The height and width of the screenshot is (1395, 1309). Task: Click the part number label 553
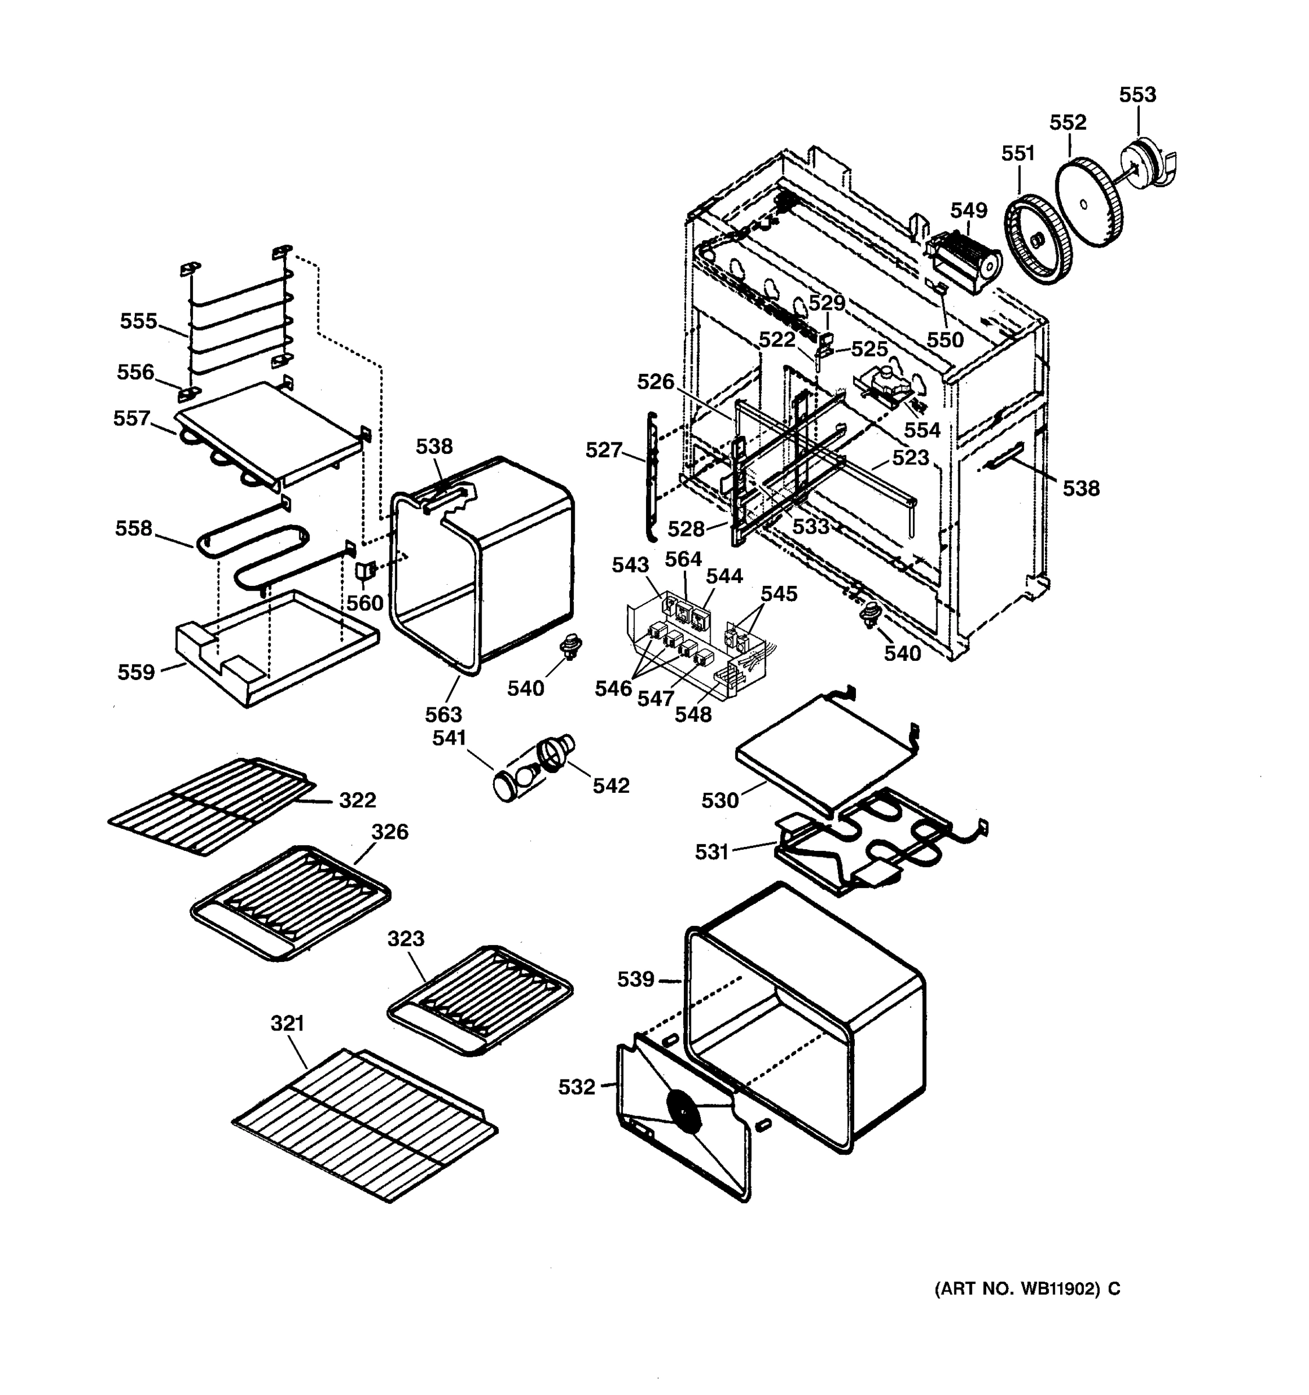(1137, 95)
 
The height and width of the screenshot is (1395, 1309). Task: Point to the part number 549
(969, 210)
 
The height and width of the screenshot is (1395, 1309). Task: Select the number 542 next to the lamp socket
(611, 786)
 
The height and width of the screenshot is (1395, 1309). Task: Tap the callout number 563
(444, 714)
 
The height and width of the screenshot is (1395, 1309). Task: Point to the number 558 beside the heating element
(133, 528)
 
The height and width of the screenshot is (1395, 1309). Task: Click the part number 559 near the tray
(136, 673)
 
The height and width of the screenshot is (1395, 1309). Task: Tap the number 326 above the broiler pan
(390, 832)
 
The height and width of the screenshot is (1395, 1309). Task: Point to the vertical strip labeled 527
(651, 477)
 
